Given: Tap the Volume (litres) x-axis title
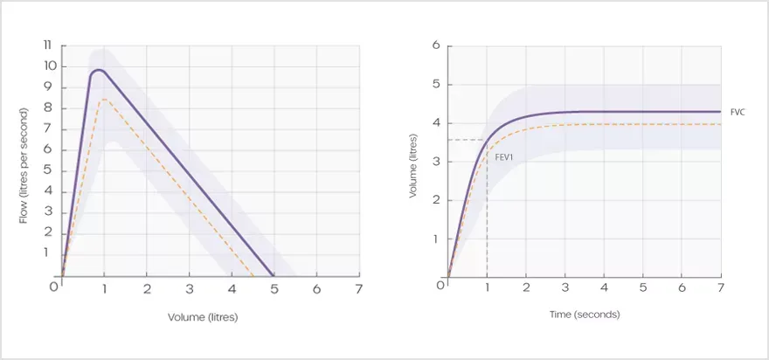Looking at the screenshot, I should click(203, 317).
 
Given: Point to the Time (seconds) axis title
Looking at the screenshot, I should click(585, 314).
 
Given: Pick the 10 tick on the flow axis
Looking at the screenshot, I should click(49, 66).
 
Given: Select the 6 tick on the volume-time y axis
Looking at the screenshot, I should click(435, 45).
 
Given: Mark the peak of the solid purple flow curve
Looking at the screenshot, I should click(99, 70).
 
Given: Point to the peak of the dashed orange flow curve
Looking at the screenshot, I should click(104, 100).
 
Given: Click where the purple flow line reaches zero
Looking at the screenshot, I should click(274, 276).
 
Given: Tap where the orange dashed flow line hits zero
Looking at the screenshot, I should click(253, 276).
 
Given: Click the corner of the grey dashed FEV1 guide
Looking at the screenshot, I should click(486, 140).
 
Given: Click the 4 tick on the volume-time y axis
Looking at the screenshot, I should click(435, 123).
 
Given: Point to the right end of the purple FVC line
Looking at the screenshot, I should click(720, 112).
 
